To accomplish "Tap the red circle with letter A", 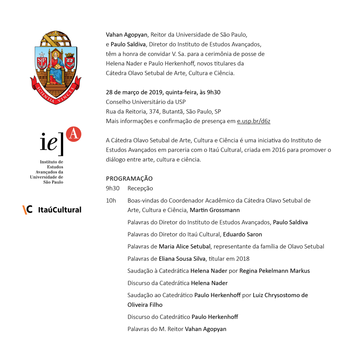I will click(73, 134).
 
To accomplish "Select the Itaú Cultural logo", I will click(52, 209).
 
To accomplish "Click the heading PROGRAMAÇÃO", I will click(129, 178).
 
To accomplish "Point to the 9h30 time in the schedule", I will click(113, 188).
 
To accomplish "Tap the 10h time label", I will click(111, 200).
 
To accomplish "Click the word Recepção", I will click(140, 188).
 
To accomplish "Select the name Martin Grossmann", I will click(215, 210).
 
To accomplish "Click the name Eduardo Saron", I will click(242, 234).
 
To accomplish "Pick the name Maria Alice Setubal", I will click(184, 246).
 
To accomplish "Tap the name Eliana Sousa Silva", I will click(181, 258).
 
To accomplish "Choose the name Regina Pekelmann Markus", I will click(274, 271).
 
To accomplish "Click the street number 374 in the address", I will click(154, 112).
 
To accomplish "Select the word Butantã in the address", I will click(172, 112).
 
